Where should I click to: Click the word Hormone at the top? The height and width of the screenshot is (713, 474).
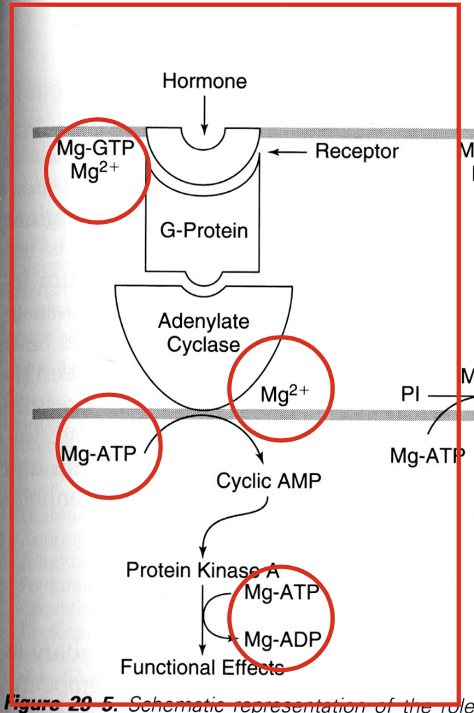click(x=204, y=81)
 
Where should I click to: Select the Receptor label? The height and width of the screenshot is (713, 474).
click(x=356, y=151)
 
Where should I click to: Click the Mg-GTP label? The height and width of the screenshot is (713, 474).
click(x=95, y=149)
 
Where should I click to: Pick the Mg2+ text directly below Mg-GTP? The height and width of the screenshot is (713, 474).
click(x=95, y=170)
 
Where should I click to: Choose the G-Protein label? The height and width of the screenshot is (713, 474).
click(x=204, y=230)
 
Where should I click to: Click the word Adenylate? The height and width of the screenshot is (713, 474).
click(x=204, y=322)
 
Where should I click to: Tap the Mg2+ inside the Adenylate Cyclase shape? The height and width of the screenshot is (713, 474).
click(x=284, y=394)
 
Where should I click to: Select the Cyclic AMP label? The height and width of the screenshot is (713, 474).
click(x=269, y=481)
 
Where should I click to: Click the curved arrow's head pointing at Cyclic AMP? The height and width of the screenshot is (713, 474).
click(x=261, y=457)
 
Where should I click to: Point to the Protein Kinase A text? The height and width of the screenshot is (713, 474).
click(x=202, y=571)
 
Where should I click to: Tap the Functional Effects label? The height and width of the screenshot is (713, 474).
click(x=202, y=668)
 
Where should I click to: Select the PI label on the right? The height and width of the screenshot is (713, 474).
click(x=411, y=395)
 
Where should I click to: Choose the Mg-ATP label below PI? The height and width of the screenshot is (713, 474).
click(x=427, y=456)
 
